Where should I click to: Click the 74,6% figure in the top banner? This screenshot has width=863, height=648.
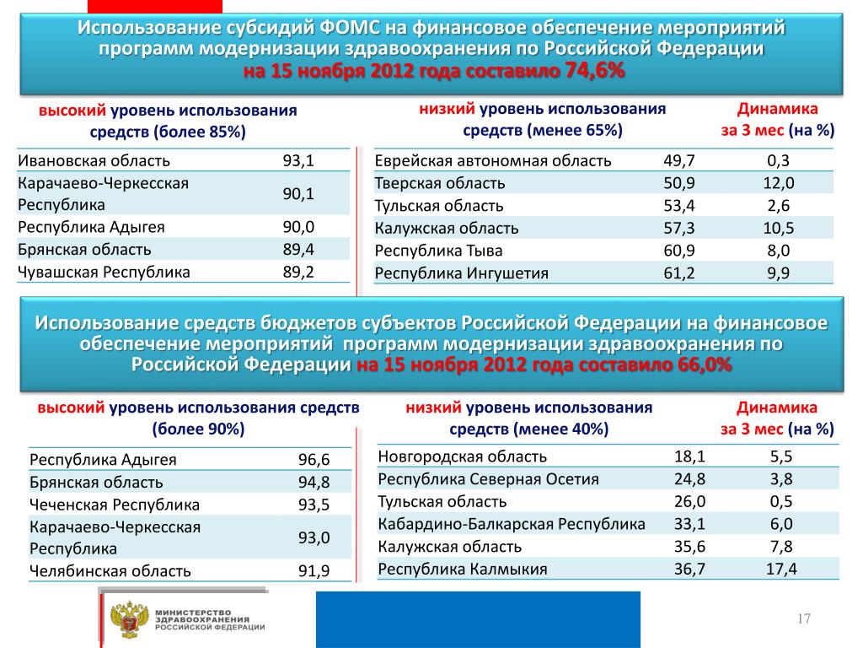(595, 73)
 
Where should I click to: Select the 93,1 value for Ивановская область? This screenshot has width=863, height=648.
(298, 160)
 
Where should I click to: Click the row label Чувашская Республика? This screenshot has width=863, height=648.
(104, 272)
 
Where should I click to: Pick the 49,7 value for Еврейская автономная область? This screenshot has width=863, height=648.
(679, 161)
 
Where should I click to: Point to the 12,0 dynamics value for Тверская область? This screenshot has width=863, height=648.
(779, 183)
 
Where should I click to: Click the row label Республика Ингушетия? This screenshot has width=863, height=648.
(462, 273)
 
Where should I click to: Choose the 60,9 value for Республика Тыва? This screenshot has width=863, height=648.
(679, 251)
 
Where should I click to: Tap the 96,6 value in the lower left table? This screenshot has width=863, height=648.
(314, 460)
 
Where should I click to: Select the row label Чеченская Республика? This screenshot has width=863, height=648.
(115, 505)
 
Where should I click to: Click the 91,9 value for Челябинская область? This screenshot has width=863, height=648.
(314, 570)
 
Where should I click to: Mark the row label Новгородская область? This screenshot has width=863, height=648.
(463, 456)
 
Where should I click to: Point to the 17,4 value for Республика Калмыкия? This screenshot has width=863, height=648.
(781, 569)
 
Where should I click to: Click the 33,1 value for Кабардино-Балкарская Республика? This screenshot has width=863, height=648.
(689, 524)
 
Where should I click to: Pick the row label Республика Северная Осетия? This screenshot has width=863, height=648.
(489, 479)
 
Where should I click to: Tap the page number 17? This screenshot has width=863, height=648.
(803, 620)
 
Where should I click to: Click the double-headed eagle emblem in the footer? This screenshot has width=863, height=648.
(130, 618)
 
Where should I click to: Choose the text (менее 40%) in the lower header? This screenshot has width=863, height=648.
(564, 429)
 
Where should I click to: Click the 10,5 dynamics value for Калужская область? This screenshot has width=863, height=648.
(779, 228)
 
